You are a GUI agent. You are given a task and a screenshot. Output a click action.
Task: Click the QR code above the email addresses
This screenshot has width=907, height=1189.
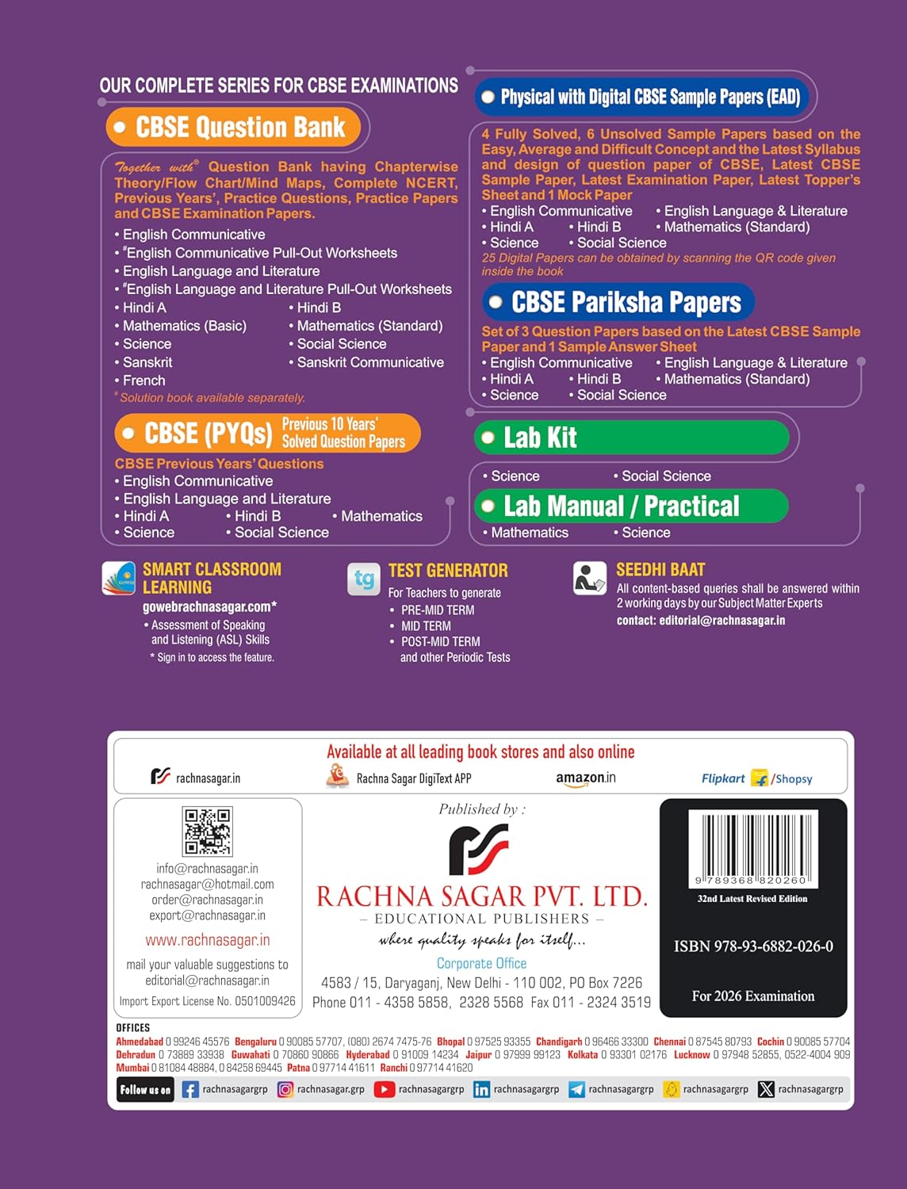[x=208, y=831]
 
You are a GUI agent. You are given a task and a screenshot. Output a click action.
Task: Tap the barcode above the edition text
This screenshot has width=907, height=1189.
[x=752, y=847]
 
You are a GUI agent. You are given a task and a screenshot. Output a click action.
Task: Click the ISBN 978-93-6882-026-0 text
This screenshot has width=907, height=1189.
[x=753, y=946]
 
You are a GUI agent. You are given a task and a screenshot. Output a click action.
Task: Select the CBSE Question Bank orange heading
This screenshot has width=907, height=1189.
[x=233, y=128]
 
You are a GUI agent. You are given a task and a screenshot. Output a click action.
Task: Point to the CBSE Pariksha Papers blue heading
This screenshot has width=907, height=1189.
[x=618, y=302]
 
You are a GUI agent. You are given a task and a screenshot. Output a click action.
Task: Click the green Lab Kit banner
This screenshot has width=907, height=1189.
[x=631, y=438]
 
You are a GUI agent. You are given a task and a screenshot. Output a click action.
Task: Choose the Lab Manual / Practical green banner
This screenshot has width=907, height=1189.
[x=631, y=506]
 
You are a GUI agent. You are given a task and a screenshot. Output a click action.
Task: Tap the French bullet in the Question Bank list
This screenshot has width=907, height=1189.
[x=144, y=380]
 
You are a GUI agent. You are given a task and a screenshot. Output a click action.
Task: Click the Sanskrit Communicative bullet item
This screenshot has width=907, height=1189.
[x=369, y=362]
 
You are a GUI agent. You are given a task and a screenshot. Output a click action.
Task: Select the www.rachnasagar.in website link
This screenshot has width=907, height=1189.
[x=208, y=940]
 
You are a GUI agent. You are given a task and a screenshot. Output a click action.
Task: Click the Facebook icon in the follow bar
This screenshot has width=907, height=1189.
[x=190, y=1090]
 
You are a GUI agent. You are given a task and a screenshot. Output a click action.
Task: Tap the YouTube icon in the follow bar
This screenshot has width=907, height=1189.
[x=385, y=1090]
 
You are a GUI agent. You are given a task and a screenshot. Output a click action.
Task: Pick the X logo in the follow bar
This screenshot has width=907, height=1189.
[x=766, y=1090]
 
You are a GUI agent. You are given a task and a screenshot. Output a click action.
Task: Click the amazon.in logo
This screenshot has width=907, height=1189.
[x=586, y=778]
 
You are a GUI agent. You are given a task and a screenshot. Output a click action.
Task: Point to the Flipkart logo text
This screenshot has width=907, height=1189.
[x=723, y=778]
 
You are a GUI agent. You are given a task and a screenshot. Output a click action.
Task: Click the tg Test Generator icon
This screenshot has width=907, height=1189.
[x=364, y=579]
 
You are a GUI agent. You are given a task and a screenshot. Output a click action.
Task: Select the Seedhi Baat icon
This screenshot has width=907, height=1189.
[x=590, y=579]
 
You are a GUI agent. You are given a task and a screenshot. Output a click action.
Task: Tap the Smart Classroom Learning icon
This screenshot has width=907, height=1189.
[x=119, y=578]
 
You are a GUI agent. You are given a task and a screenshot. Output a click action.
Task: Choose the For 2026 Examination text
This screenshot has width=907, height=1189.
[x=753, y=996]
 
